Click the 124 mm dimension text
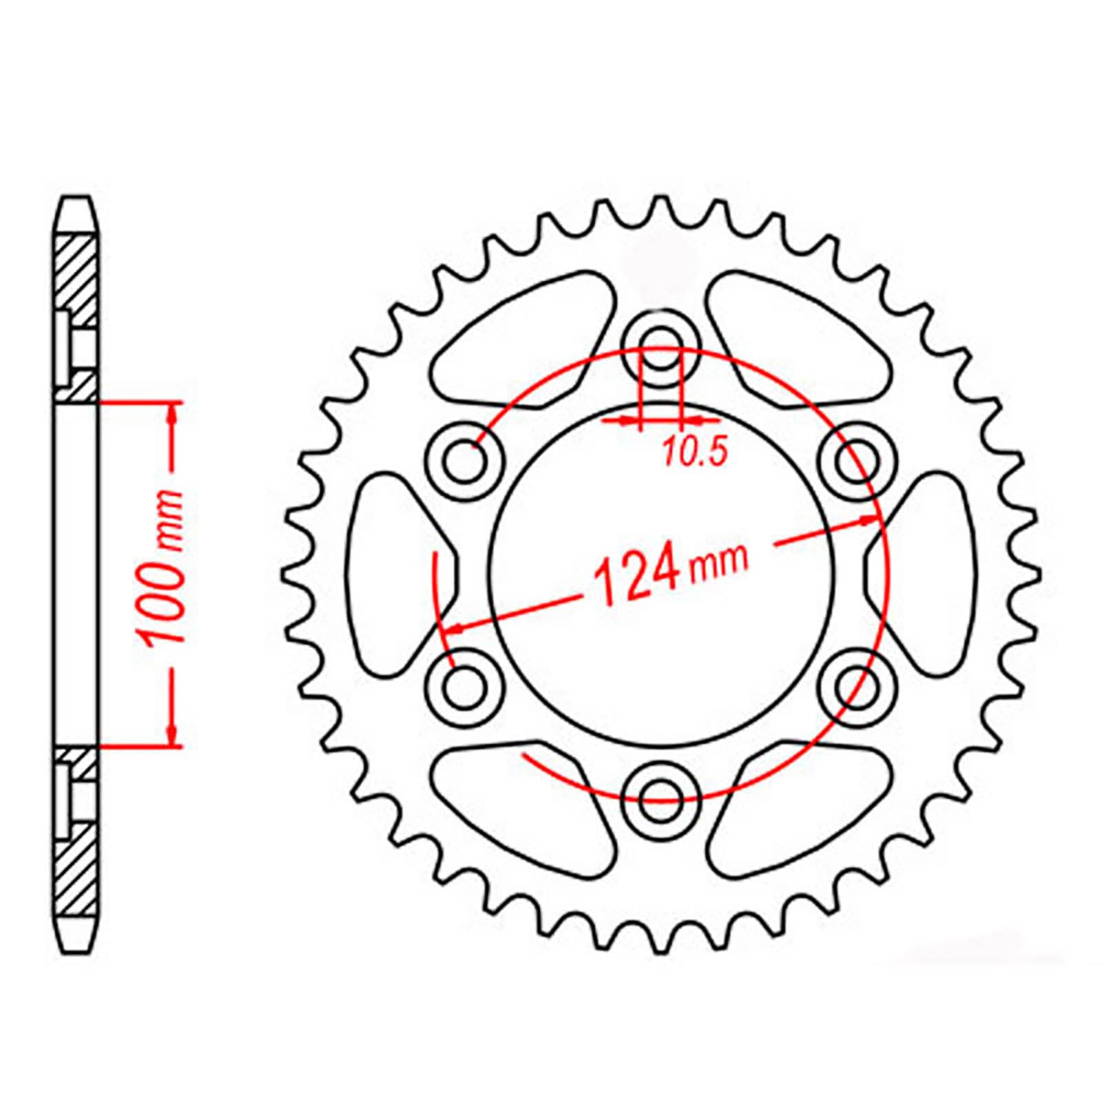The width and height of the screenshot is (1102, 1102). (668, 572)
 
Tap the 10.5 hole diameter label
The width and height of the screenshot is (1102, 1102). (695, 453)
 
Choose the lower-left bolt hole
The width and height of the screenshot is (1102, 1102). (464, 687)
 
